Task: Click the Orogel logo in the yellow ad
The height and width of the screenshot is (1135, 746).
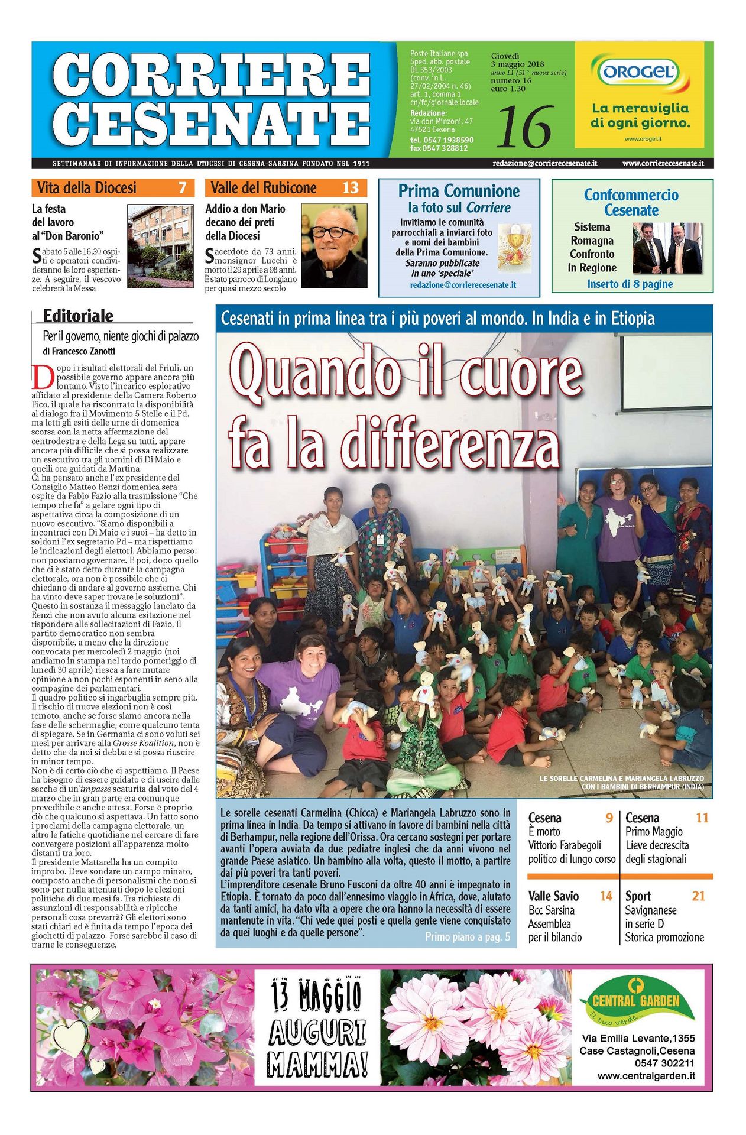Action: (639, 73)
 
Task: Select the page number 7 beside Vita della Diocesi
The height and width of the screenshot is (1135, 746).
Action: (182, 188)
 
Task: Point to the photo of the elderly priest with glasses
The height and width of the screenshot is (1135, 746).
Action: (334, 245)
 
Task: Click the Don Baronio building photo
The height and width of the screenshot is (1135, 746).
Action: (160, 245)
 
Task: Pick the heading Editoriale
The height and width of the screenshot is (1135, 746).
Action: (78, 316)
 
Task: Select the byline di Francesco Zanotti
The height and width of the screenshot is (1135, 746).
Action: (79, 351)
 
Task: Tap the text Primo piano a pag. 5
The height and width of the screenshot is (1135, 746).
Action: (467, 937)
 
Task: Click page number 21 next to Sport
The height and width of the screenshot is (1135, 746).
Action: (698, 896)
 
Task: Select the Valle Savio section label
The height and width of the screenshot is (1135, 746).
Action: (553, 896)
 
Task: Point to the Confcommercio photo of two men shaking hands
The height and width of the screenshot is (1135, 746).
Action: (667, 248)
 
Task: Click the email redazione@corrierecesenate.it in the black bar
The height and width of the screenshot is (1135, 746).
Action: (544, 163)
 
